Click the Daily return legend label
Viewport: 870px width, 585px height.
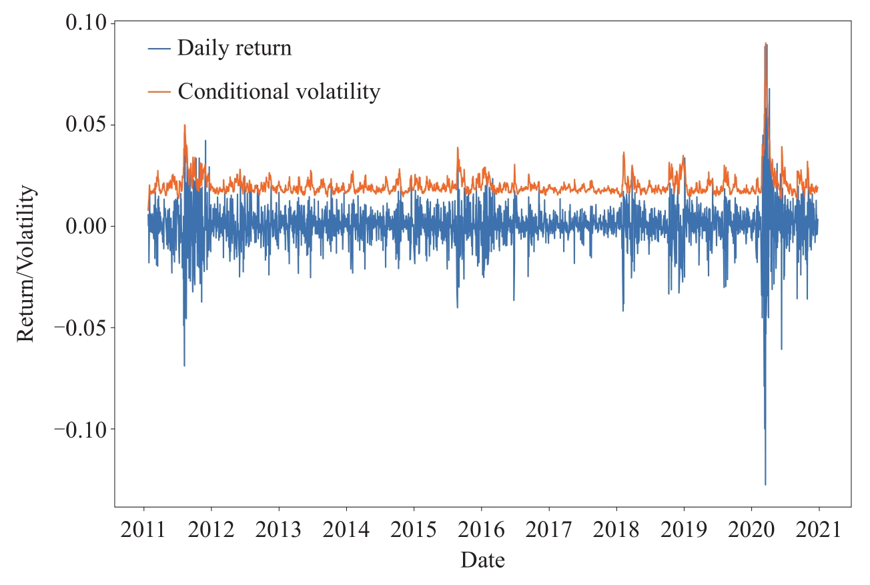tap(234, 48)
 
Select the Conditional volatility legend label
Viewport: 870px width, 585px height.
tap(278, 91)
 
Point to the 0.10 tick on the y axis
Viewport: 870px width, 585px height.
tap(86, 23)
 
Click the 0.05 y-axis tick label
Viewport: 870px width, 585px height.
tap(86, 125)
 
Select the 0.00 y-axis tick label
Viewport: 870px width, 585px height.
tap(86, 226)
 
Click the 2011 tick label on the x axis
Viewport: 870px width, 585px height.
tap(144, 531)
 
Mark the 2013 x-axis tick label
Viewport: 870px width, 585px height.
tap(279, 531)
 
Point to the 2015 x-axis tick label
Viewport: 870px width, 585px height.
tap(414, 531)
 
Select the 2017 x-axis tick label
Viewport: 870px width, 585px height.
tap(548, 531)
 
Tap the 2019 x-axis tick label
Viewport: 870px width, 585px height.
tap(684, 531)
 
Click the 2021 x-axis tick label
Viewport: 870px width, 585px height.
tap(819, 531)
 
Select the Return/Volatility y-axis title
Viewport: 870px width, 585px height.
tap(26, 264)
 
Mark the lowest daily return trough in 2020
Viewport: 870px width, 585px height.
tap(765, 484)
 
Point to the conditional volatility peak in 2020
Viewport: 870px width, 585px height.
tap(765, 43)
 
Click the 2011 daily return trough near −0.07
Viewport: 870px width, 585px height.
tap(184, 366)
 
